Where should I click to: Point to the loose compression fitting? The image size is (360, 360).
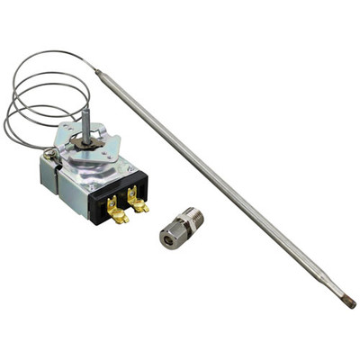[181, 228]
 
